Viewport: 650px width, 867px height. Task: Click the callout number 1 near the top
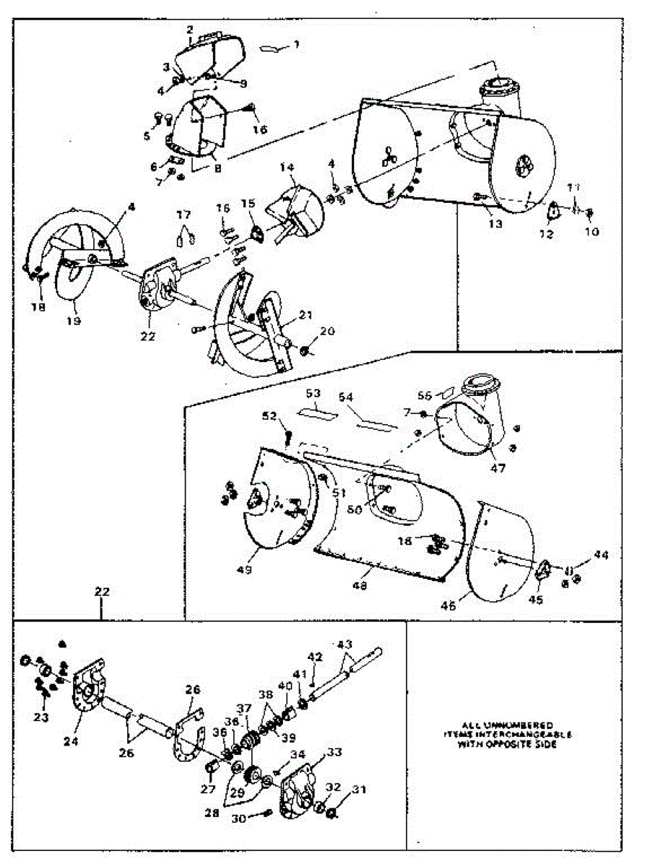click(296, 44)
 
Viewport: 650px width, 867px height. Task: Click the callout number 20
click(328, 331)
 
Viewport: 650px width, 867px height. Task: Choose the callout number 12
click(546, 233)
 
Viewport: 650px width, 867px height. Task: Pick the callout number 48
click(358, 586)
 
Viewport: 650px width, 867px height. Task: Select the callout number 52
click(269, 417)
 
